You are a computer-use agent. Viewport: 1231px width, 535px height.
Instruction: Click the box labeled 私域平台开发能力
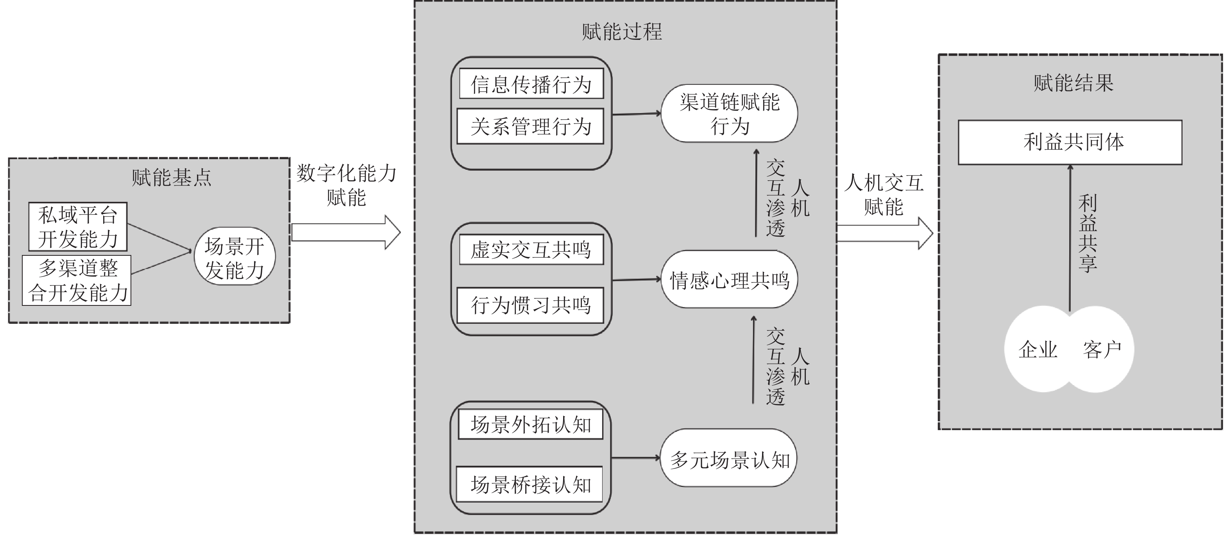tap(78, 226)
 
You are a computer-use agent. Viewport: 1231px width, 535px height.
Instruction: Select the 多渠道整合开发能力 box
tap(77, 280)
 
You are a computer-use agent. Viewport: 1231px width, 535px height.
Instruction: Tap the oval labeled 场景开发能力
tap(234, 256)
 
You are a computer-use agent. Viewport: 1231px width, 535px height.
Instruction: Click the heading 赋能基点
tap(172, 178)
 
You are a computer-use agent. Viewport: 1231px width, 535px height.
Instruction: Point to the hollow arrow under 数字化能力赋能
tap(346, 232)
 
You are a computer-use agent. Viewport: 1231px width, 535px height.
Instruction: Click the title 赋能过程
tap(622, 32)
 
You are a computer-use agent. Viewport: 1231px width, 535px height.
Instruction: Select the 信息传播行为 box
tap(531, 84)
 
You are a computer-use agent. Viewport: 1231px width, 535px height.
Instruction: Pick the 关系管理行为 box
tap(530, 126)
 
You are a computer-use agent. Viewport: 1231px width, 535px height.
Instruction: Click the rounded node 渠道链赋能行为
tap(729, 114)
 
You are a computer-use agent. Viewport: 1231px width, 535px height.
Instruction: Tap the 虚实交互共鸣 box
tap(531, 250)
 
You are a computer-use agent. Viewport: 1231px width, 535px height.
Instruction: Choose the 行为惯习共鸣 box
tap(530, 305)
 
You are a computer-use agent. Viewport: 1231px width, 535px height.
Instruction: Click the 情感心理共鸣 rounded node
tap(729, 280)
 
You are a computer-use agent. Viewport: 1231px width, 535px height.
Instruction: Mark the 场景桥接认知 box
tap(530, 484)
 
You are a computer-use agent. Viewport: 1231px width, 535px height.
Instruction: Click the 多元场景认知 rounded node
tap(729, 458)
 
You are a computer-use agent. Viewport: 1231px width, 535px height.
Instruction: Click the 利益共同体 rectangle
tap(1070, 142)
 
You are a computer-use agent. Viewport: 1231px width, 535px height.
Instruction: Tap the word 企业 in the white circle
tap(1038, 350)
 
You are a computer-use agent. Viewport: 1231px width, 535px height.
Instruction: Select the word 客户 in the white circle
tap(1102, 350)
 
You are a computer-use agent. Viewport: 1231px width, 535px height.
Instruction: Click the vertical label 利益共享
tap(1088, 233)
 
